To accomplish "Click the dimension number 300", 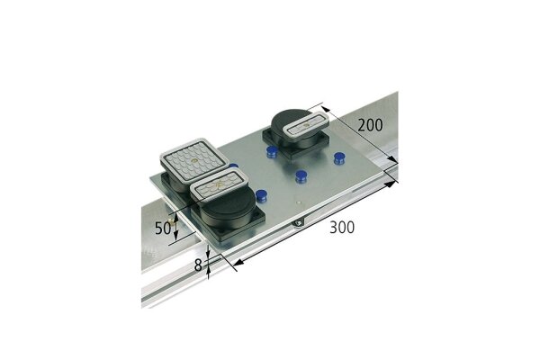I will pos(340,228).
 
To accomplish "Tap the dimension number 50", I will pos(163,229).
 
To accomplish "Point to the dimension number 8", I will pos(198,265).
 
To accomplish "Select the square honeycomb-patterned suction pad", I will pos(190,160).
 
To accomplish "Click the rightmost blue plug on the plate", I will pos(339,159).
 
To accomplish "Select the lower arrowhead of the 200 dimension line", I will pos(394,162).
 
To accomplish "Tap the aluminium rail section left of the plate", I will pos(157,261).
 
